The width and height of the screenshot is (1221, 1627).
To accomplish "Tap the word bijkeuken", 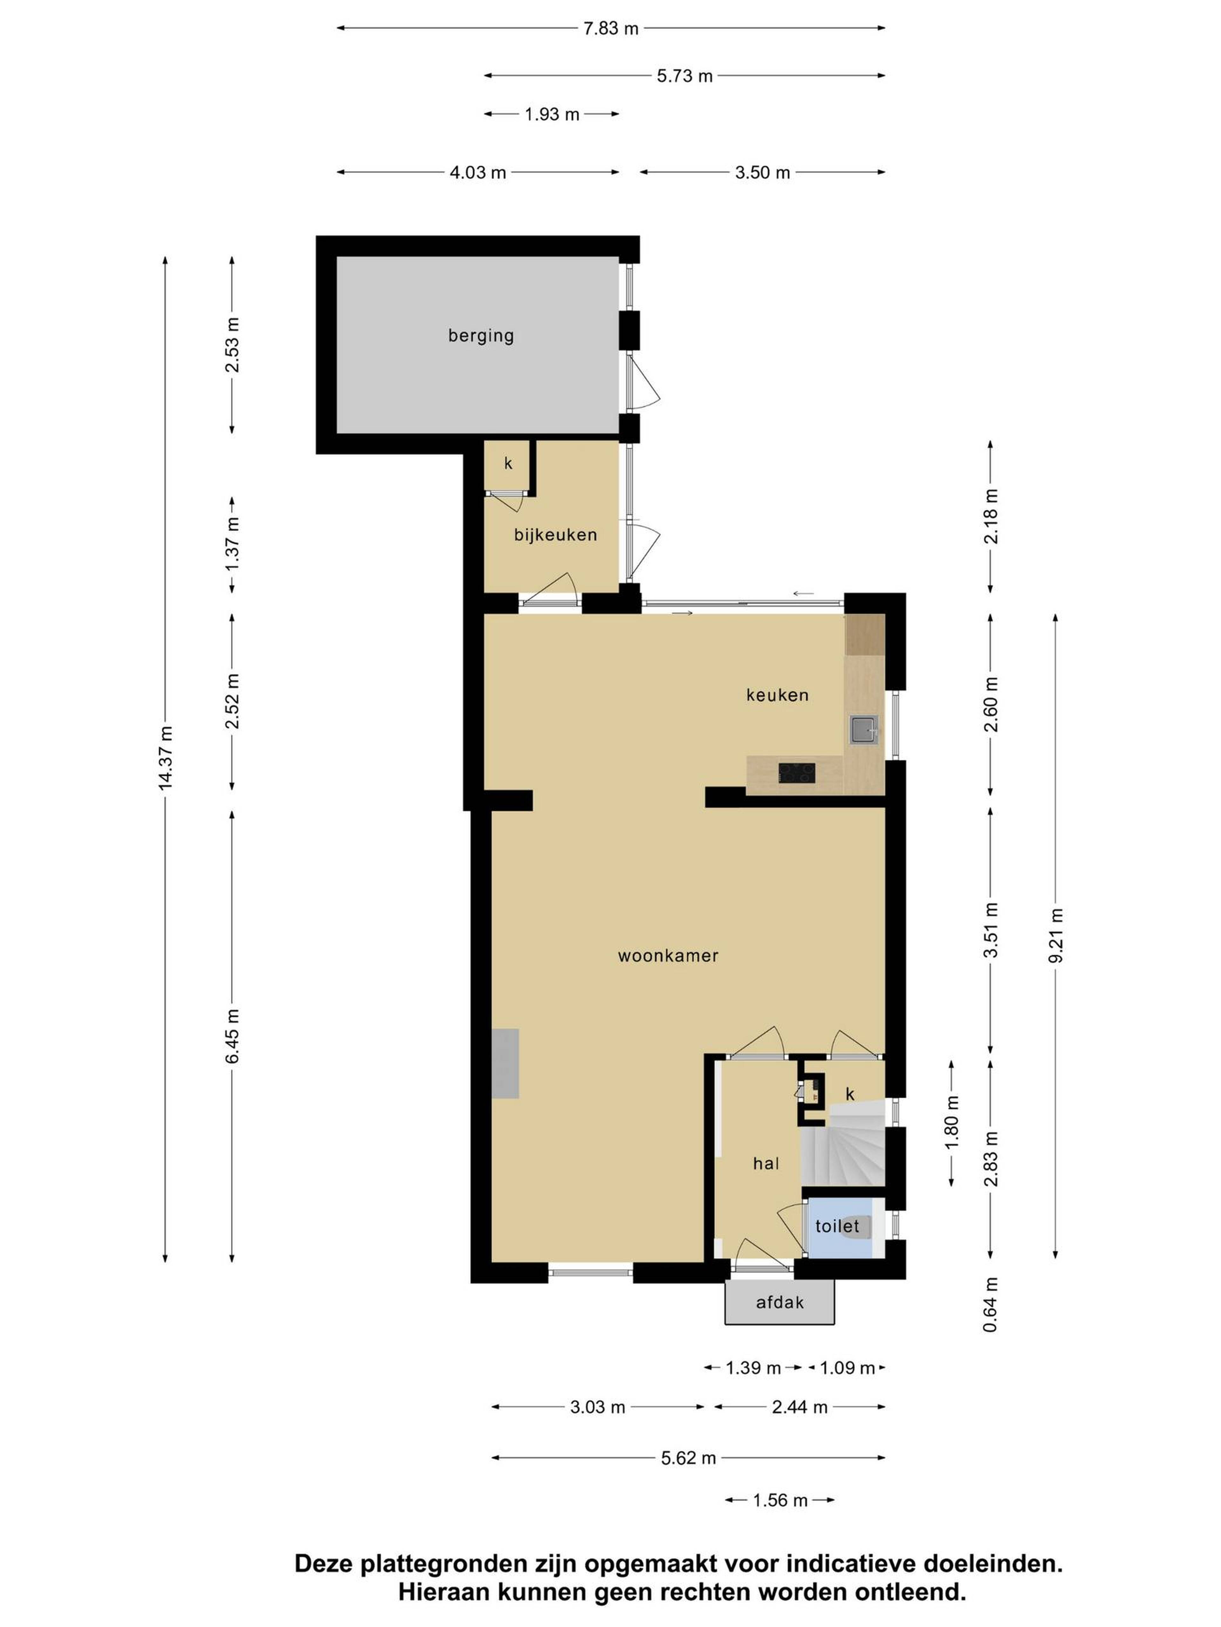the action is (x=555, y=535).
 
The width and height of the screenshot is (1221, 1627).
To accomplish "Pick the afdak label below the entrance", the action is (x=779, y=1303).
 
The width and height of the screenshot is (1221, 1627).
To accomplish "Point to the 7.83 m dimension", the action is (x=611, y=29).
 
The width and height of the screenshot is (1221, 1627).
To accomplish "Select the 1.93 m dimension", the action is (x=552, y=114).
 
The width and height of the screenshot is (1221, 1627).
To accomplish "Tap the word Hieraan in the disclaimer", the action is (x=444, y=1592).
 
